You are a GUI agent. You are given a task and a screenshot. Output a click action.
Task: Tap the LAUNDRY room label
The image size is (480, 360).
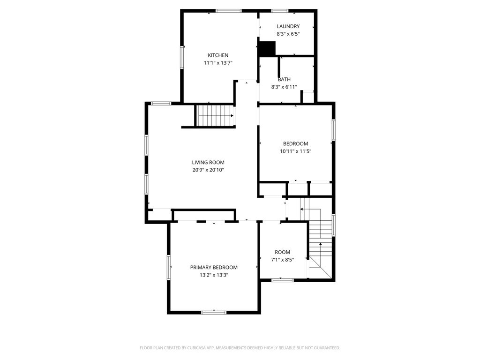pyautogui.click(x=288, y=27)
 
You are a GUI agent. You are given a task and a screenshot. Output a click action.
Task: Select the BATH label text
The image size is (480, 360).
pyautogui.click(x=284, y=80)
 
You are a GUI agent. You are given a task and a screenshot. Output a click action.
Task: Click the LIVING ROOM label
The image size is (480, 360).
pyautogui.click(x=208, y=163)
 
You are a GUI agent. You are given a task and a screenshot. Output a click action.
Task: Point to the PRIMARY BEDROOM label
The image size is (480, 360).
pyautogui.click(x=214, y=268)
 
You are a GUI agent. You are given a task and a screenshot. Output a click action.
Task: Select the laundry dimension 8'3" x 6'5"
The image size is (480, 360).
pyautogui.click(x=288, y=34)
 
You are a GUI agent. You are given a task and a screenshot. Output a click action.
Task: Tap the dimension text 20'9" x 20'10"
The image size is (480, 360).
pyautogui.click(x=208, y=170)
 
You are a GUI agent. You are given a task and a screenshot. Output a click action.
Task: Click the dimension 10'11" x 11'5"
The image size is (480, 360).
pyautogui.click(x=295, y=151)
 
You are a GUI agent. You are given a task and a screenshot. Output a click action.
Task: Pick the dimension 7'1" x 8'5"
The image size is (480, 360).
pyautogui.click(x=282, y=260)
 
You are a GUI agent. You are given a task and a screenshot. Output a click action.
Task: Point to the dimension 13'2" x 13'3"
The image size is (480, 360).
pyautogui.click(x=214, y=275)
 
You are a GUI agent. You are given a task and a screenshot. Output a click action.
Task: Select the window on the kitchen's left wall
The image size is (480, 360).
pyautogui.click(x=182, y=57)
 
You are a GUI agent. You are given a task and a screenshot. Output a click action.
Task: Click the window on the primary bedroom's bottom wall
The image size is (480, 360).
pyautogui.click(x=214, y=312)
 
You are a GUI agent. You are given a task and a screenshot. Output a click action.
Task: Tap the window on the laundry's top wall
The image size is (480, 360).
pyautogui.click(x=280, y=10)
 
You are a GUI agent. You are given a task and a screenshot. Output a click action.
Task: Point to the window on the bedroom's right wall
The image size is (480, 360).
pyautogui.click(x=334, y=129)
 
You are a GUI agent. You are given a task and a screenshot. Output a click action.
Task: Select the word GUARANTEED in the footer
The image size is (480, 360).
pyautogui.click(x=325, y=348)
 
